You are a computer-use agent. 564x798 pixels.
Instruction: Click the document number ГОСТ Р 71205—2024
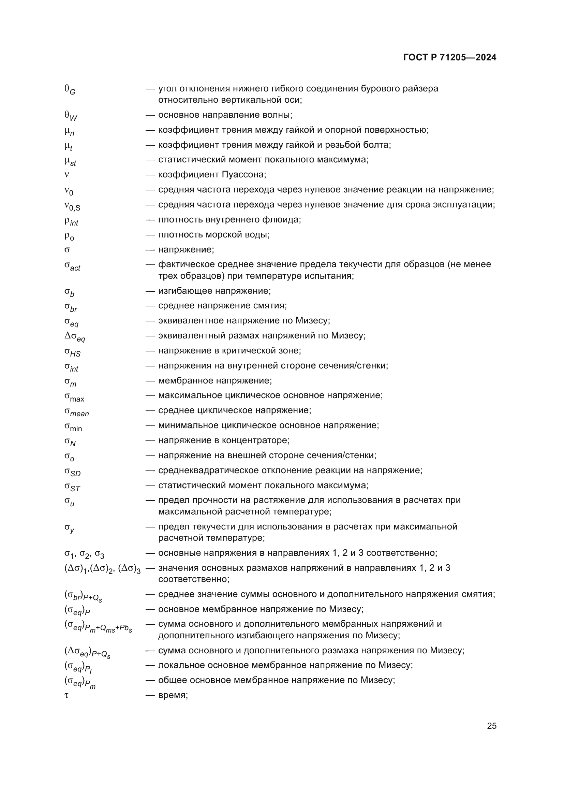point(450,58)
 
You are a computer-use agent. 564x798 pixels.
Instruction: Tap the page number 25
point(491,726)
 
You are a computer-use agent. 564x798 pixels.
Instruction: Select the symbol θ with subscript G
point(70,90)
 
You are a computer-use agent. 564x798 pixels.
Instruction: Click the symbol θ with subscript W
point(71,116)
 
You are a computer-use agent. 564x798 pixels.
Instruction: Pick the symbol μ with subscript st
point(70,161)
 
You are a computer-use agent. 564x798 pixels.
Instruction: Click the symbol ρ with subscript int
point(71,221)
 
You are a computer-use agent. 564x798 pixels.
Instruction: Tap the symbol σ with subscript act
point(72,266)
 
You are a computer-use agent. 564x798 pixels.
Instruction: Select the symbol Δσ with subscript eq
point(75,337)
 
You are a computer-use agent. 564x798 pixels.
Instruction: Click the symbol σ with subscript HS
point(72,352)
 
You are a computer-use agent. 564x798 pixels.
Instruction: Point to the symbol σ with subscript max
point(74,397)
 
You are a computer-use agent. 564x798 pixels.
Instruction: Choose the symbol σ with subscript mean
point(76,412)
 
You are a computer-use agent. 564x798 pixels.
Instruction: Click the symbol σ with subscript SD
point(72,472)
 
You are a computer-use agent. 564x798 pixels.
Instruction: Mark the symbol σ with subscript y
point(69,528)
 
